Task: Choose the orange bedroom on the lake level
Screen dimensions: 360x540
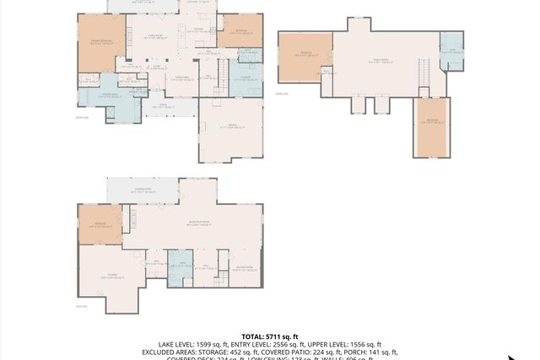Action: point(100,225)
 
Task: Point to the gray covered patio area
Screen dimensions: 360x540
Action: point(142,191)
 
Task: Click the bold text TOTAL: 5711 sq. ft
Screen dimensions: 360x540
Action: point(270,336)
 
